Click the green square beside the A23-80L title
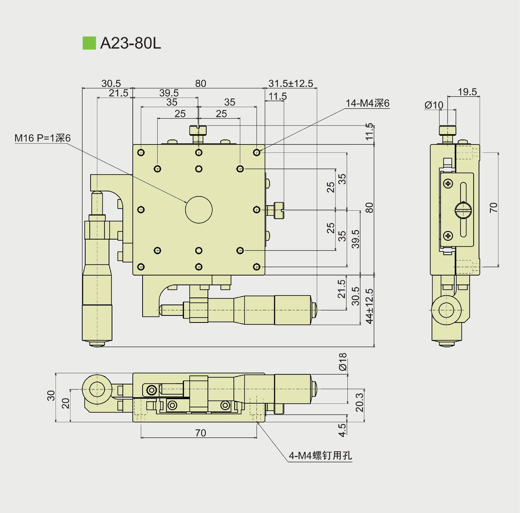coord(89,43)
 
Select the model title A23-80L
coord(131,43)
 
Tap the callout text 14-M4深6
coord(367,103)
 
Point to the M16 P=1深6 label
coord(43,138)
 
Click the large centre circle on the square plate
coord(199,210)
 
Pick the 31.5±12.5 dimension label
coord(291,83)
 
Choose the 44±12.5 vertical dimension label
coord(369,306)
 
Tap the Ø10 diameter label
coord(434,105)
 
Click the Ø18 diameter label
coord(343,362)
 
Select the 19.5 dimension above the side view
coord(467,92)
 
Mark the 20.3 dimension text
coord(359,403)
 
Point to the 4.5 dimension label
coord(342,430)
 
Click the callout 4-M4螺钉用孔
coord(320,456)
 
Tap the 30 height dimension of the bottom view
coord(51,396)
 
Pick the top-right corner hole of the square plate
coord(256,153)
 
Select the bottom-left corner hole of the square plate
coord(141,267)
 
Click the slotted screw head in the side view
coord(463,210)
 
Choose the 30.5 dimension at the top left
coord(111,83)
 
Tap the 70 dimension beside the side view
coord(493,207)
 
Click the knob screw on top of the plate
coord(198,131)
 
